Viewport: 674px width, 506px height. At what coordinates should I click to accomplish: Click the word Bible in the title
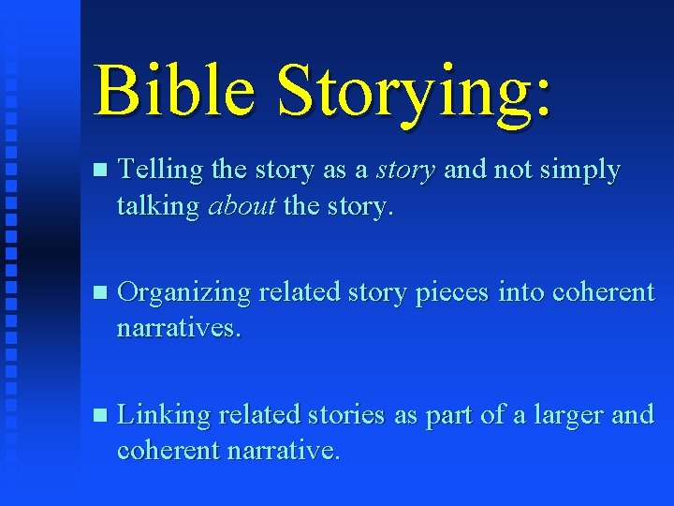coord(174,91)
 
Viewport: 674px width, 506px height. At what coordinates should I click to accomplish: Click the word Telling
coord(162,171)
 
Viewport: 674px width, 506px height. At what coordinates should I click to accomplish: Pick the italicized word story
coord(405,171)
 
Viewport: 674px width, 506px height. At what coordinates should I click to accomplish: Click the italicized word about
coord(242,207)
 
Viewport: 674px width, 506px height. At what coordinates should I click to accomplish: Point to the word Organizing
coord(184,293)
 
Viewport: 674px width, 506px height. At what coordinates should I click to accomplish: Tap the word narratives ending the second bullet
coord(179,328)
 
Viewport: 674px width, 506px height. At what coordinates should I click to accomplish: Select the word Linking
coord(163,415)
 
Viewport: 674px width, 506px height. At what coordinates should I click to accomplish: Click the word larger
coord(570,415)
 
